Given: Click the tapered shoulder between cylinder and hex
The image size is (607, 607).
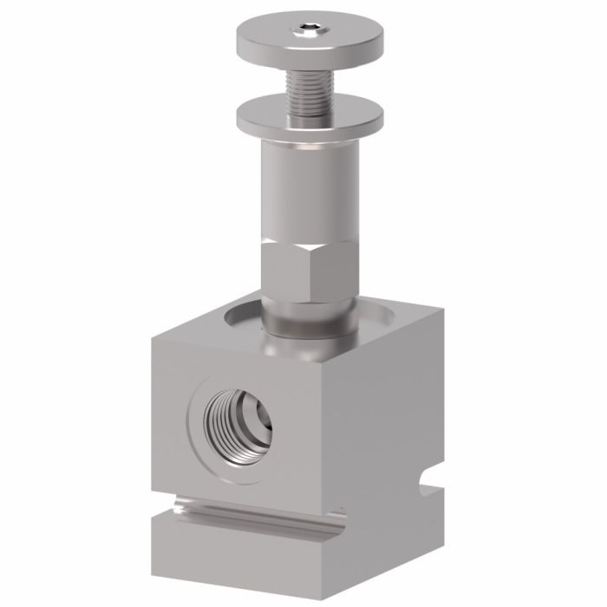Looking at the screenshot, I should [x=310, y=238].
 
